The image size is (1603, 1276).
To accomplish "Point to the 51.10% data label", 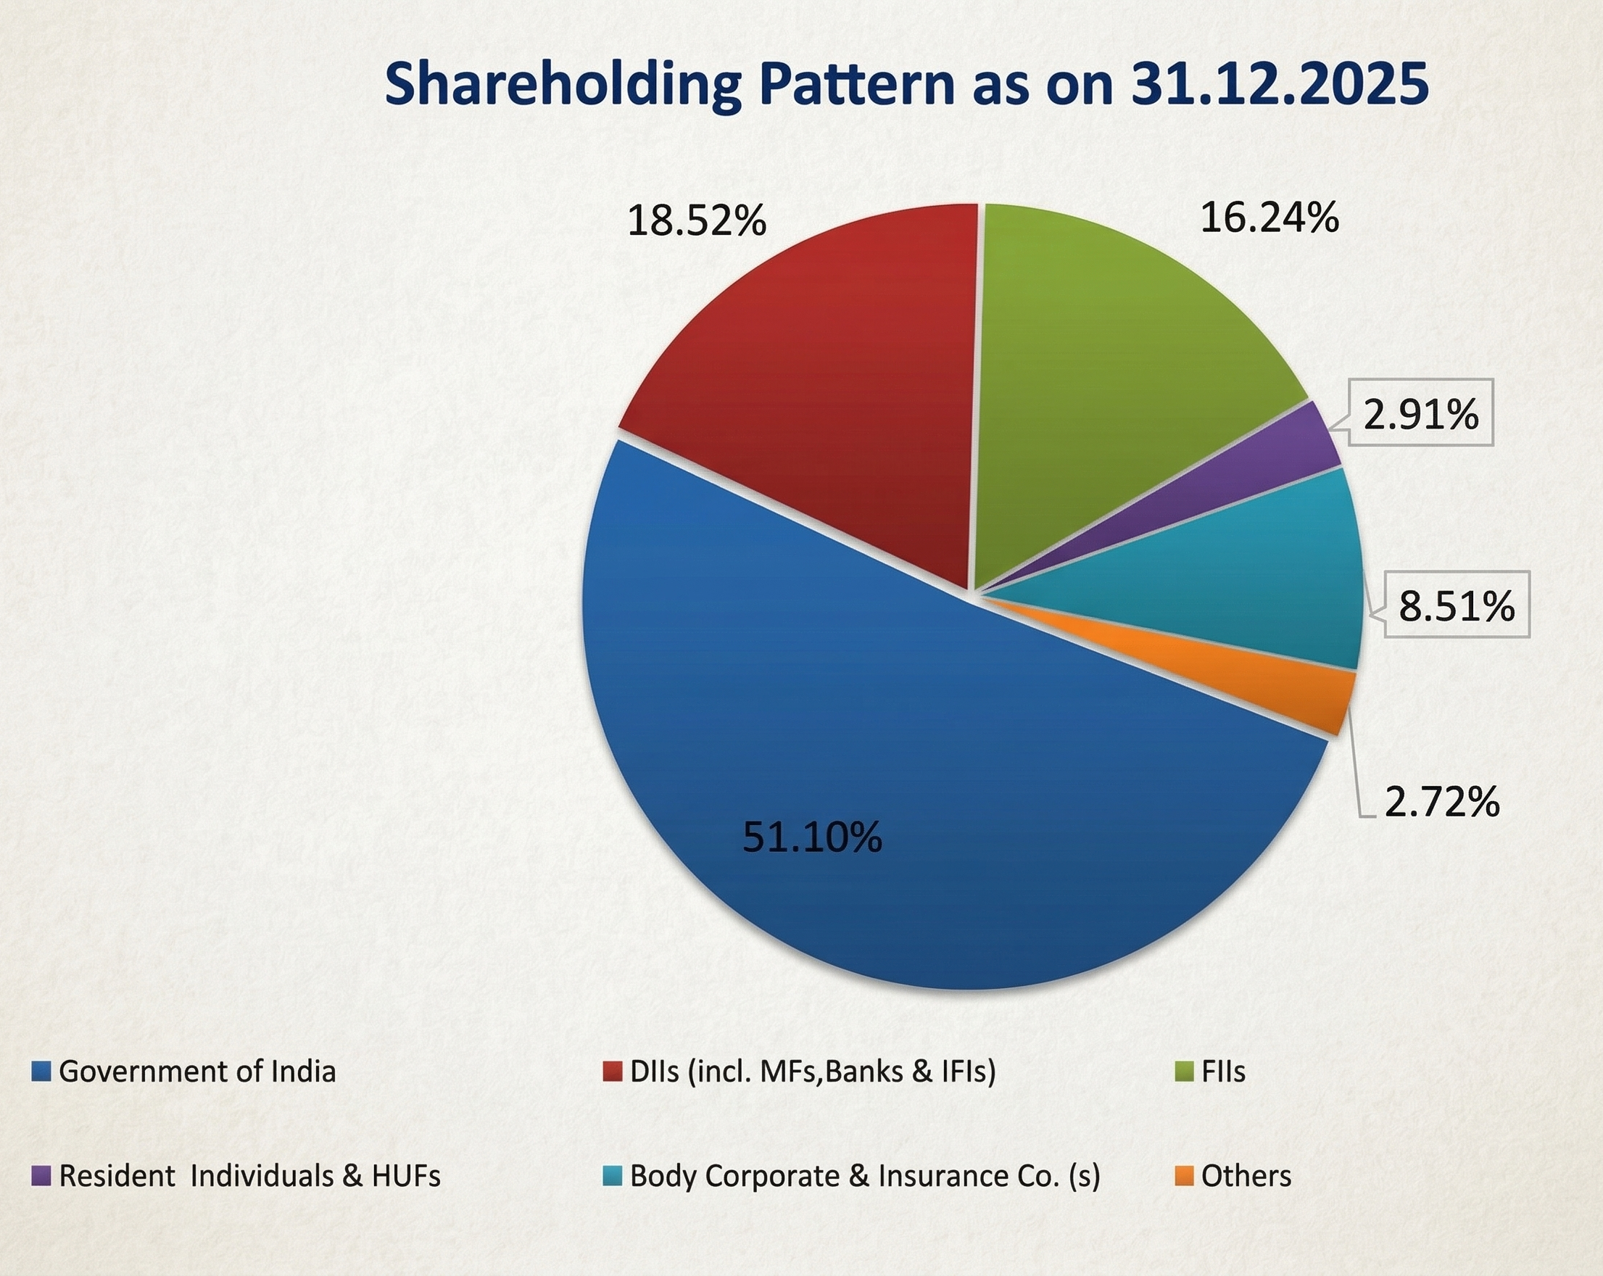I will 812,837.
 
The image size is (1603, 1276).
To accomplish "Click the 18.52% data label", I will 697,221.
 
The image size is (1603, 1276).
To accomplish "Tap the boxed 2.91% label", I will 1420,413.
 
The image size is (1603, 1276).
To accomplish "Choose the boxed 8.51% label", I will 1456,605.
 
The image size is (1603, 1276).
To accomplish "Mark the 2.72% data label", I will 1441,802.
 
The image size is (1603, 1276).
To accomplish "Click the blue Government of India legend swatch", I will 41,1072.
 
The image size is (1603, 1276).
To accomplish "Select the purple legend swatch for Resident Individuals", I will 41,1177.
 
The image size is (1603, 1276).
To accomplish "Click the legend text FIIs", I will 1223,1072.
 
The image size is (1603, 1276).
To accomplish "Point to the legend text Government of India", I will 197,1072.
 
